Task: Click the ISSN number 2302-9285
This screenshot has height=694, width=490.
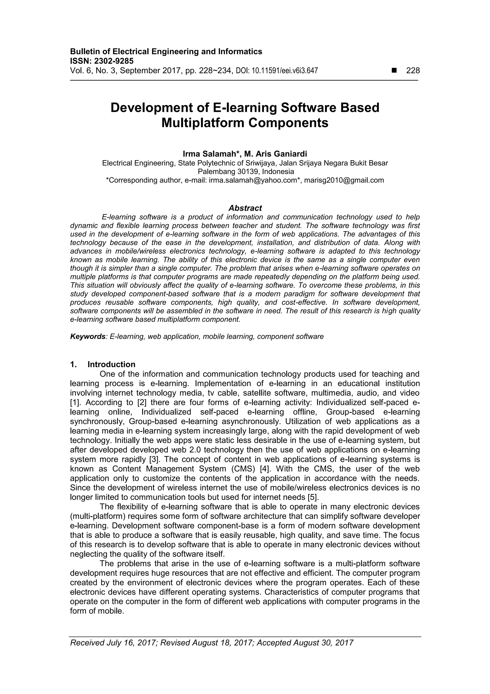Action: [x=114, y=61]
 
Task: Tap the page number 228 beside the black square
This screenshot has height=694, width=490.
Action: [x=413, y=71]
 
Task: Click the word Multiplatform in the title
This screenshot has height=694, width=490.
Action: [x=203, y=123]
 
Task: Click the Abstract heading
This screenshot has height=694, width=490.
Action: [x=245, y=208]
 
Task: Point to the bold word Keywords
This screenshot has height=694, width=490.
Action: [x=88, y=336]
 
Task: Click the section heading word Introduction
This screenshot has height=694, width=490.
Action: [x=111, y=364]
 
